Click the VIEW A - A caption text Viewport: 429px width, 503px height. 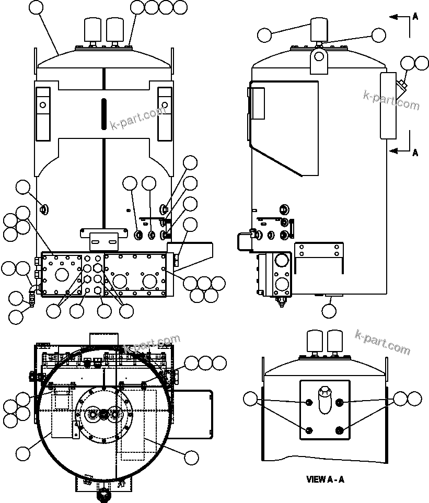coord(325,479)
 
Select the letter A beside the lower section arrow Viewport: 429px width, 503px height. coord(415,153)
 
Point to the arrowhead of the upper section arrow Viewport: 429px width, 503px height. coord(391,17)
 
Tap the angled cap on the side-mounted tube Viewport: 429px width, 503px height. coord(402,84)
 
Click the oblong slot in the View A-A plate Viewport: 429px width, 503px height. coord(325,400)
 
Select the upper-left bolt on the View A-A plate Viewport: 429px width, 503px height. coord(309,402)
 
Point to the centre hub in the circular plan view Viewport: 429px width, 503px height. coord(103,414)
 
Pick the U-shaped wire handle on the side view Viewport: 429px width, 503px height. coord(244,241)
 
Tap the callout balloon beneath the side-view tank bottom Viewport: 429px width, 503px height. coord(329,311)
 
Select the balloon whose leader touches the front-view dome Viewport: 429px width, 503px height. coord(37,7)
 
